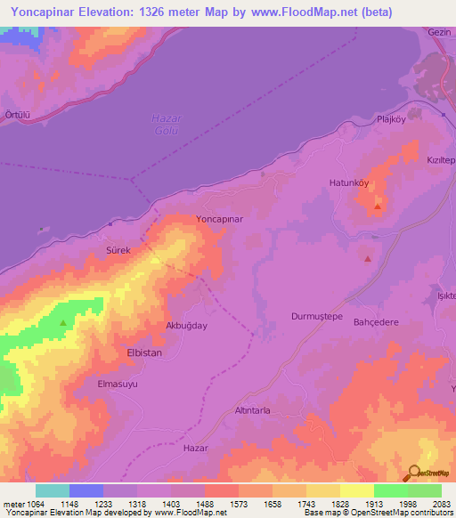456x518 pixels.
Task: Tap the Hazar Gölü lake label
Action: click(x=166, y=125)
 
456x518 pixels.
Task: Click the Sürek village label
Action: click(x=119, y=251)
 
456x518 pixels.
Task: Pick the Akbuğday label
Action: click(x=187, y=326)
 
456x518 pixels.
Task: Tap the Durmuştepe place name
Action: click(x=317, y=316)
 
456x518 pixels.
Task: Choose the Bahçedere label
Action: click(x=376, y=322)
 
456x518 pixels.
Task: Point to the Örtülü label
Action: click(x=17, y=115)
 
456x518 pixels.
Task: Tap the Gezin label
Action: click(x=440, y=31)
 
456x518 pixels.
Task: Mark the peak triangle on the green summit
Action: click(x=62, y=322)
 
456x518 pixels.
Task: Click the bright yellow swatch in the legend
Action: click(x=356, y=490)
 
